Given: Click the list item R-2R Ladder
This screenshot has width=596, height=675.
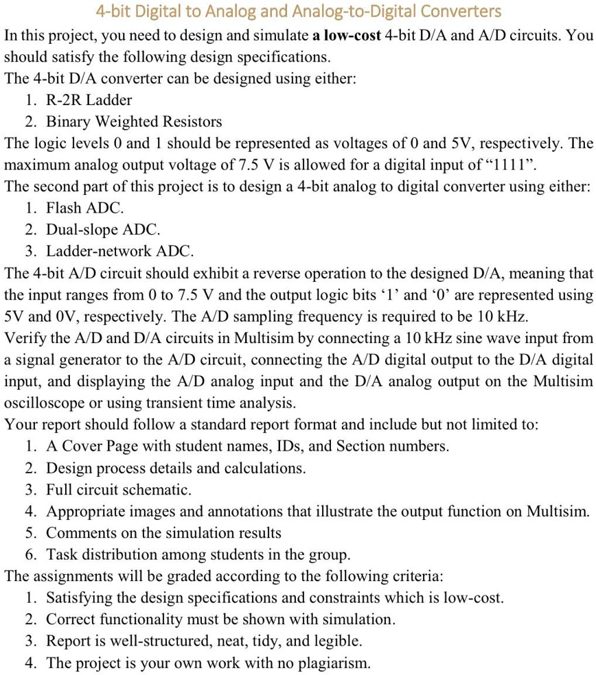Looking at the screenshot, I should click(89, 100).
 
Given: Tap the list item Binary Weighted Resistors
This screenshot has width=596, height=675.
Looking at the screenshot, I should click(134, 122).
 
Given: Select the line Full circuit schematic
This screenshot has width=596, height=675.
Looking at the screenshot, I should click(118, 490).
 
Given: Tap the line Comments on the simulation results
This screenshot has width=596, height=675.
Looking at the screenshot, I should click(163, 533).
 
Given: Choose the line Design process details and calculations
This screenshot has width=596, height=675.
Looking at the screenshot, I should click(175, 468).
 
